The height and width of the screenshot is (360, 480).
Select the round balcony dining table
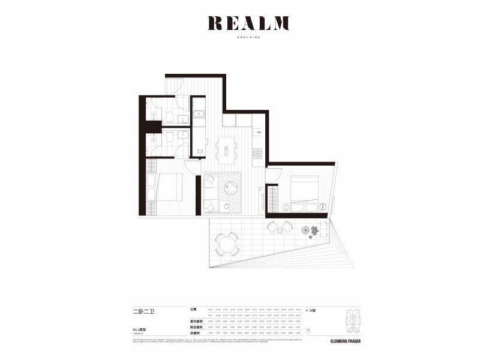227,243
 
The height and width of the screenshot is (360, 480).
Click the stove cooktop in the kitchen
259,152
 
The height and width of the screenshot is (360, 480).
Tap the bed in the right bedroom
304,188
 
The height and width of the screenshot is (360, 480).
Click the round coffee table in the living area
230,188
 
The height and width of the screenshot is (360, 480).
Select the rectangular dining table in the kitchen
226,150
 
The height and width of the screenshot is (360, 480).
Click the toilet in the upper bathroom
170,116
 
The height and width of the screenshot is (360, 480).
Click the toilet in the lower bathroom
170,138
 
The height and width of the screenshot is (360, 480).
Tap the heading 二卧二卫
143,311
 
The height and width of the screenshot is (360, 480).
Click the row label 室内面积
193,322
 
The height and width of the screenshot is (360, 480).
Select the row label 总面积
193,334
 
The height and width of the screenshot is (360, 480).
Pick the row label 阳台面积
193,328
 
